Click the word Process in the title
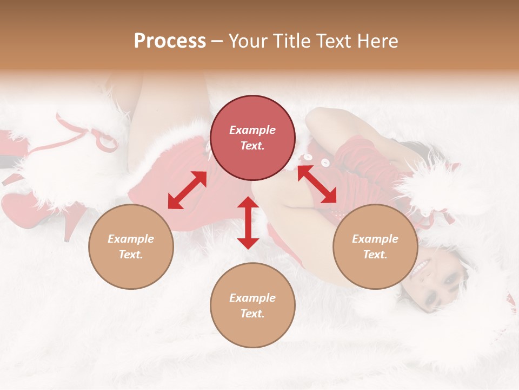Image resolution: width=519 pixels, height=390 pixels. click(170, 41)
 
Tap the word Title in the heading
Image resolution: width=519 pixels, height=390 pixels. click(292, 41)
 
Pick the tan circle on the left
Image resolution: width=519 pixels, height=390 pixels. click(131, 246)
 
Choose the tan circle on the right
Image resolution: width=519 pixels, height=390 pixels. click(375, 246)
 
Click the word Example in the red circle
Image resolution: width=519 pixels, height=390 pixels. click(252, 130)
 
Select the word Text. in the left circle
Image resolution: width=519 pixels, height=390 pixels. click(131, 255)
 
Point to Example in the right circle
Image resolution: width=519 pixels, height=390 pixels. click(375, 239)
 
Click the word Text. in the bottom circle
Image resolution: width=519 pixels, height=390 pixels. click(252, 314)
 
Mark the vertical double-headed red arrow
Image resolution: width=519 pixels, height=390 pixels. click(248, 223)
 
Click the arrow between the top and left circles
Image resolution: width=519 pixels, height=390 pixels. click(187, 190)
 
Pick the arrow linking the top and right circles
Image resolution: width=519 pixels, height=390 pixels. click(317, 184)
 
